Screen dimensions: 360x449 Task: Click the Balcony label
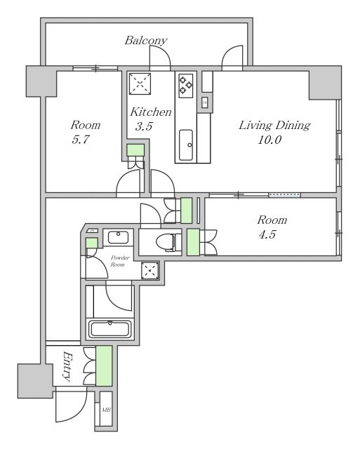coord(146,41)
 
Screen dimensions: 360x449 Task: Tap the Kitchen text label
coord(151,112)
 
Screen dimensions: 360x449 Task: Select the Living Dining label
coord(274,126)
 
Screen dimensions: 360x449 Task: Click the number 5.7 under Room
coord(81,140)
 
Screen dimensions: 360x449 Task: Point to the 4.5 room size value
coord(267,234)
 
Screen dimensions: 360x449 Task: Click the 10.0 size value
coord(269,140)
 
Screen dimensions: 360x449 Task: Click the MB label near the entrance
coord(106,410)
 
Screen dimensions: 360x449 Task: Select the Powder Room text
coord(120,261)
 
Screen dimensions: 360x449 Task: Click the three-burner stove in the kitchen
coord(185,86)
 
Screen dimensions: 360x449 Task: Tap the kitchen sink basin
coord(186,145)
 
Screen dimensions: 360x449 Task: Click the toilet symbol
coord(169,242)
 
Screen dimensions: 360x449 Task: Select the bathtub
coord(110,329)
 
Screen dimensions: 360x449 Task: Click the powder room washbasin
coord(118,237)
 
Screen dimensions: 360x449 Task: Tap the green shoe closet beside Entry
coord(104,366)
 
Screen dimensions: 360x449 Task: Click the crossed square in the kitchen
coord(140,84)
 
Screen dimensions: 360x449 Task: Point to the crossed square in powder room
coord(149,270)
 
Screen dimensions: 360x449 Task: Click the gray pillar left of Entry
coord(35,381)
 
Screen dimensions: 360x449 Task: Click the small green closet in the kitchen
coord(135,150)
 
